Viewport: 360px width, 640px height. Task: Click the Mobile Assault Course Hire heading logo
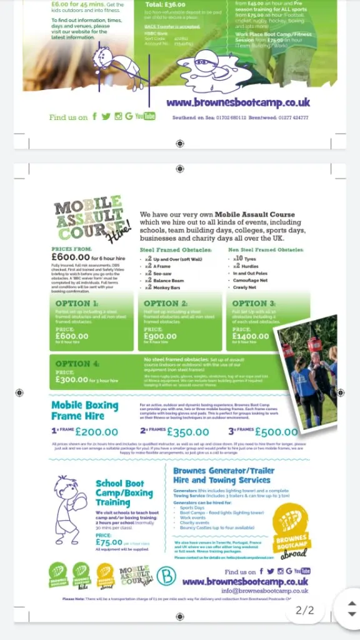pos(92,221)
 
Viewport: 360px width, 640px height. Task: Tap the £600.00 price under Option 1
pos(72,336)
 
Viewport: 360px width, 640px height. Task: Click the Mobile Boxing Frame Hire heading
pos(84,410)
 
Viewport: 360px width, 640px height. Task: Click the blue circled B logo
pos(166,575)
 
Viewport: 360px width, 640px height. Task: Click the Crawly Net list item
pos(244,287)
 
